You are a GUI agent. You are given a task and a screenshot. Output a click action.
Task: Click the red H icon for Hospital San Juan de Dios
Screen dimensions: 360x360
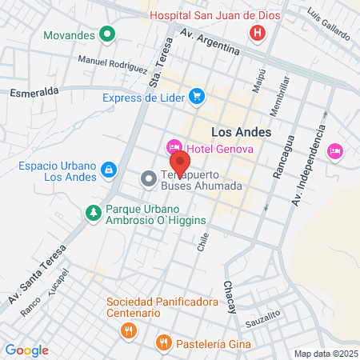point(258,33)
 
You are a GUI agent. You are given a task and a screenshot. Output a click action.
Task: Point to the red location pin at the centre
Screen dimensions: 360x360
point(179,161)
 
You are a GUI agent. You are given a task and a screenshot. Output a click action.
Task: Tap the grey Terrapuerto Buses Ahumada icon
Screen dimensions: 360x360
point(148,179)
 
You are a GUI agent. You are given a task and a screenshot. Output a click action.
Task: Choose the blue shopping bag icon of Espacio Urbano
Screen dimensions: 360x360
point(108,170)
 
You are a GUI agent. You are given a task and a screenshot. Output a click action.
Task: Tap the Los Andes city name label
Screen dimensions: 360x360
point(241,131)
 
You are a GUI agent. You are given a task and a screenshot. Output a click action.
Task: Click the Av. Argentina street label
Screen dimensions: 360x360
point(210,42)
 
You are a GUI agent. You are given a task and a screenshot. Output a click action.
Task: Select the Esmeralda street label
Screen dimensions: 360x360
point(34,92)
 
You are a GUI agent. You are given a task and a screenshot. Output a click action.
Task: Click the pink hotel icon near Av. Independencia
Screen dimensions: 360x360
point(335,150)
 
